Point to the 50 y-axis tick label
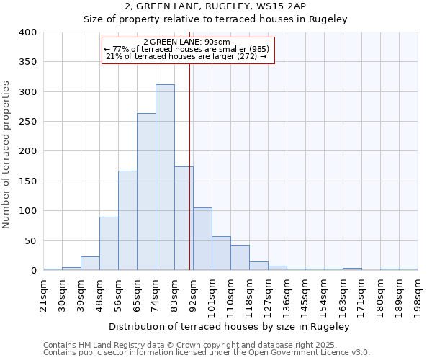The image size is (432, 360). click(x=30, y=240)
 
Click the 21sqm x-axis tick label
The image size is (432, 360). click(x=43, y=293)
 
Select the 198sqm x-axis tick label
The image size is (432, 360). click(x=418, y=293)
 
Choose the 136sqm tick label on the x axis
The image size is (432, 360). click(x=287, y=293)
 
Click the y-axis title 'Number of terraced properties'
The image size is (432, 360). click(x=6, y=155)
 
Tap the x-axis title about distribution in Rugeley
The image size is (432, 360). click(x=230, y=326)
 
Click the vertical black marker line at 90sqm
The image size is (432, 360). click(x=189, y=180)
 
